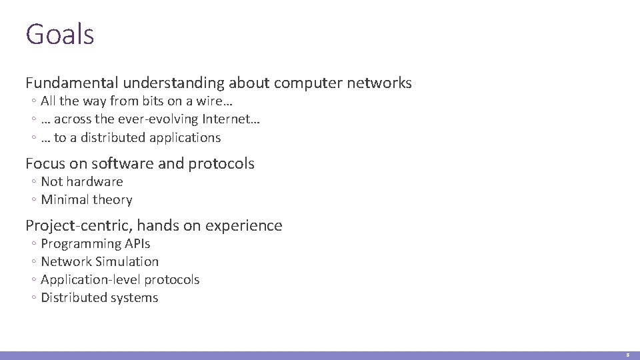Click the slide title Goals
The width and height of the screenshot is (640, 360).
tap(60, 34)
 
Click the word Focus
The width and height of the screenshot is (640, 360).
tap(45, 163)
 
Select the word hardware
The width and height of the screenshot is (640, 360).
tap(94, 181)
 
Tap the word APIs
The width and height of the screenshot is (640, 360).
tap(136, 243)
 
